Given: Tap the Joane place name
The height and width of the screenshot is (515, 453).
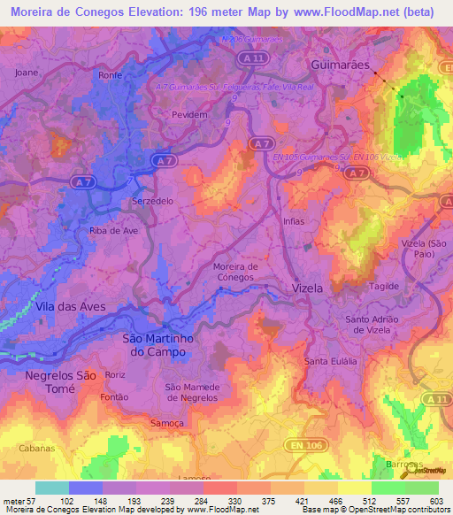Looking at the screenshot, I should [x=27, y=73].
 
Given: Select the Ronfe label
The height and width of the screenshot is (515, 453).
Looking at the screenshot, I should [x=110, y=75].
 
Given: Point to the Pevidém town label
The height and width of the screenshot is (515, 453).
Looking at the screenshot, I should [x=188, y=114].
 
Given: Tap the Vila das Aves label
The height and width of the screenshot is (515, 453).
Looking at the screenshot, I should [x=71, y=306].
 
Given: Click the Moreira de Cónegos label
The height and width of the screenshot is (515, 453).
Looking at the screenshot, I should [x=235, y=271].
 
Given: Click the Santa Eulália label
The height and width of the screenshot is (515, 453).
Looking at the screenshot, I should [x=330, y=362].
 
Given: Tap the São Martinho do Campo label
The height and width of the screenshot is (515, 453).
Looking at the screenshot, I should [x=156, y=345].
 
